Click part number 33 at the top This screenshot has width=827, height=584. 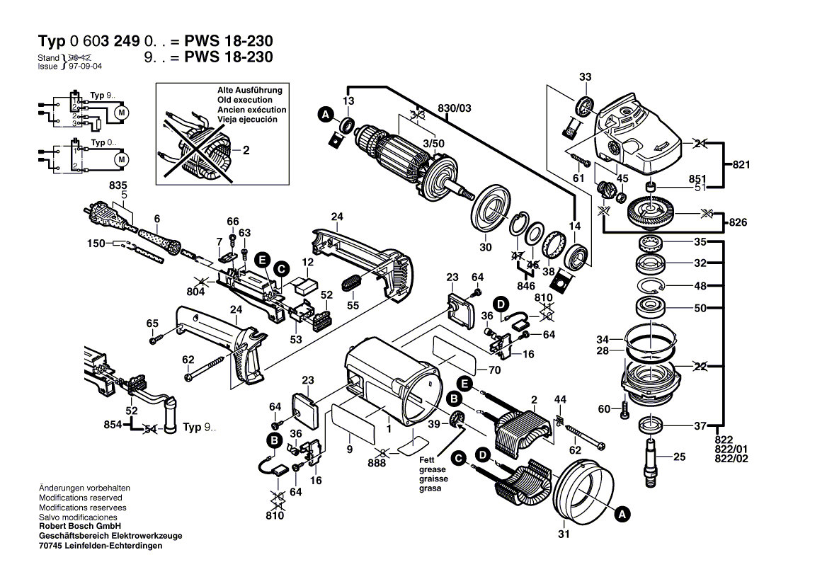click(x=585, y=76)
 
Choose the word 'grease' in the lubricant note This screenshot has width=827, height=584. click(x=433, y=470)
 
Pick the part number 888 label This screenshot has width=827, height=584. click(x=377, y=463)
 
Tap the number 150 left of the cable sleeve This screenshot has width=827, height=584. click(x=96, y=244)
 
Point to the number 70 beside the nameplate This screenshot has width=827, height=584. click(x=494, y=370)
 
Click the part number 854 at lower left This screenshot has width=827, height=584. click(x=113, y=425)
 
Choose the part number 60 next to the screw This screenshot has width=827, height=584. click(x=603, y=409)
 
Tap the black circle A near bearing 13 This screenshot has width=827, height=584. click(x=325, y=114)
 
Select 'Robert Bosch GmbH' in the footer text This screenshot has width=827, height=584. click(x=79, y=527)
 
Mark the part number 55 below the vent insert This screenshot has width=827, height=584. click(x=353, y=305)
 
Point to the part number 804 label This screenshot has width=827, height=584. click(x=195, y=291)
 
